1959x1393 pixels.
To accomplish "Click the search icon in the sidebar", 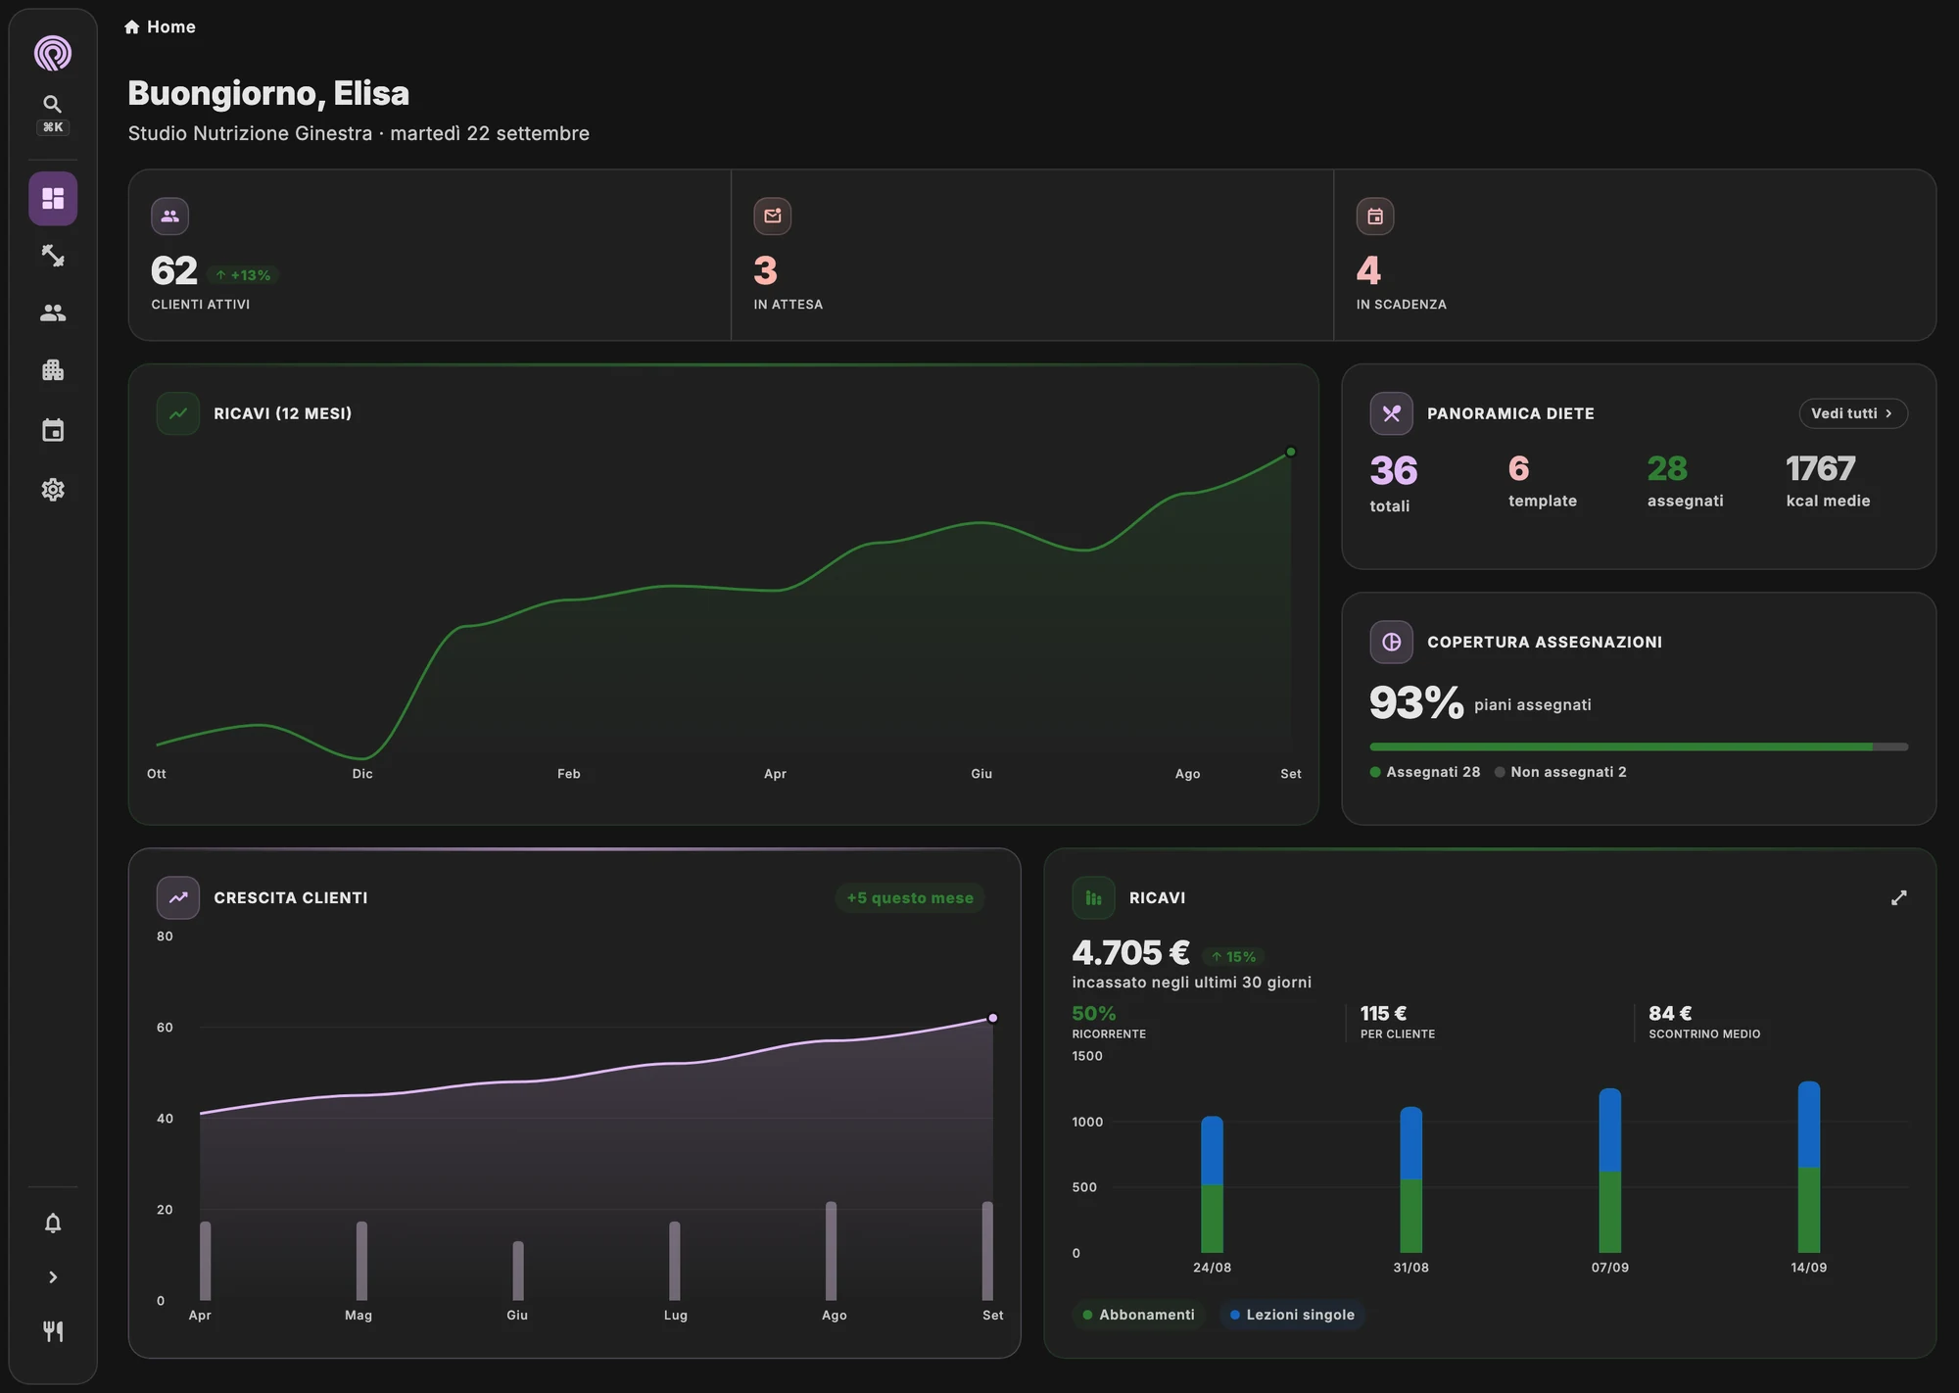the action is pyautogui.click(x=53, y=104).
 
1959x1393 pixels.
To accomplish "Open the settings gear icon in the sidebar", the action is pyautogui.click(x=53, y=489).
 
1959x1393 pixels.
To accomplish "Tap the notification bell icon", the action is pyautogui.click(x=53, y=1223).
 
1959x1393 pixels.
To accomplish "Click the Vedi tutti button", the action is pyautogui.click(x=1852, y=413).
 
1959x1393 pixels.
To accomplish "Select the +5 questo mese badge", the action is pyautogui.click(x=910, y=897).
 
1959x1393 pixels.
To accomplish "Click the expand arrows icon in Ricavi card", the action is pyautogui.click(x=1898, y=897).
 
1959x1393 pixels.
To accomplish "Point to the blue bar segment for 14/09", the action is pyautogui.click(x=1809, y=1125).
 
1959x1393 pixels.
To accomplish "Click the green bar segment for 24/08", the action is pyautogui.click(x=1212, y=1219).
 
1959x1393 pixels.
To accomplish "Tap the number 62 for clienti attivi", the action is pyautogui.click(x=174, y=270).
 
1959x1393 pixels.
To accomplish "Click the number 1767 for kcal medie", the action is pyautogui.click(x=1820, y=468).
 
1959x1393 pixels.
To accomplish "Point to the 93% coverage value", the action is pyautogui.click(x=1416, y=702).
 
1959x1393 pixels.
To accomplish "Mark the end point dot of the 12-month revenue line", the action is pyautogui.click(x=1291, y=452).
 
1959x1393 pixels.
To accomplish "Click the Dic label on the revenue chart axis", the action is pyautogui.click(x=362, y=774).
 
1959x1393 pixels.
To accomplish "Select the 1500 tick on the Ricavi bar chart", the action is pyautogui.click(x=1087, y=1056).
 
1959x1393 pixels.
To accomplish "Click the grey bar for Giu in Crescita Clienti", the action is pyautogui.click(x=518, y=1271).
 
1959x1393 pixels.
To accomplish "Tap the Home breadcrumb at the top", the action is pyautogui.click(x=160, y=26).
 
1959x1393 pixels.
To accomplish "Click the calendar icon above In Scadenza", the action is pyautogui.click(x=1375, y=216).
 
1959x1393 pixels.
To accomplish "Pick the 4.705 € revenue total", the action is pyautogui.click(x=1130, y=952).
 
